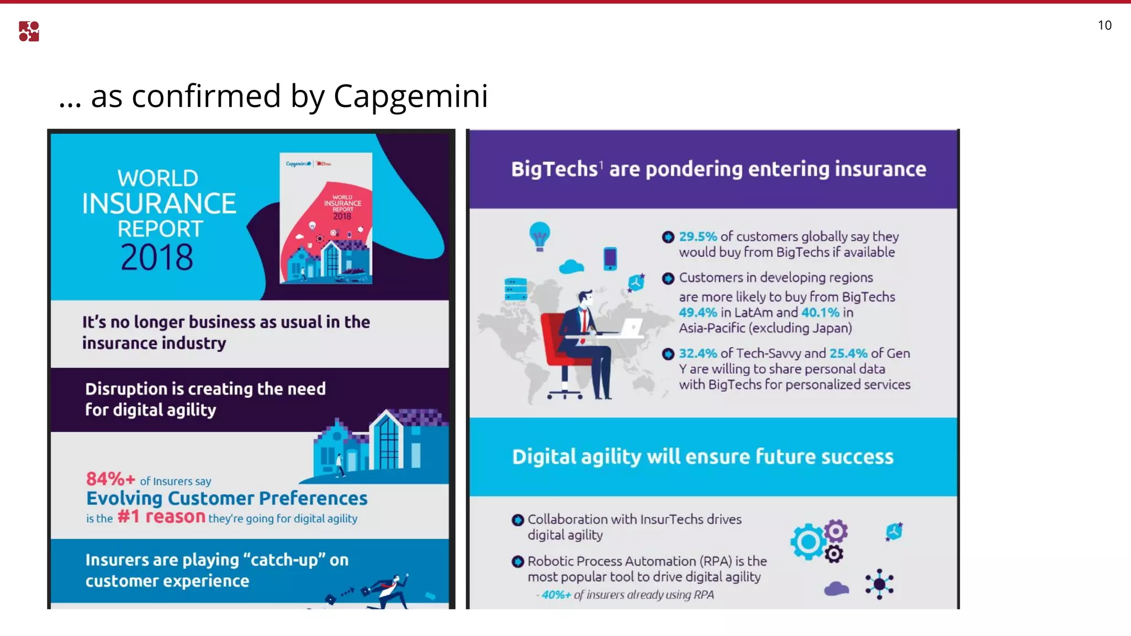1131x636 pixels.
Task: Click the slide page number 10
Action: click(x=1104, y=25)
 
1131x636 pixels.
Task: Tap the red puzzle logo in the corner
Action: click(x=29, y=31)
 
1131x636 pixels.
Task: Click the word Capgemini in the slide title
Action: click(x=410, y=96)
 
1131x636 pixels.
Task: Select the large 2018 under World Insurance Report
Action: click(x=157, y=257)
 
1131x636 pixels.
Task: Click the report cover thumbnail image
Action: click(x=326, y=218)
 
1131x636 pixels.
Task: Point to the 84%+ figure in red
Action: click(x=110, y=479)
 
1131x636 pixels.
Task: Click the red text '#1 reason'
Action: click(x=161, y=517)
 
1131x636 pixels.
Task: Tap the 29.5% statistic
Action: click(x=697, y=237)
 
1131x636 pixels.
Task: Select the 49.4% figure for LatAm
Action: click(x=697, y=312)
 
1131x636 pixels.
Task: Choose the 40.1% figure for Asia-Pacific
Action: click(x=820, y=312)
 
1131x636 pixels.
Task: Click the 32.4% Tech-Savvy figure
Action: click(x=697, y=353)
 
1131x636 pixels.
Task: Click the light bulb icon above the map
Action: click(x=540, y=236)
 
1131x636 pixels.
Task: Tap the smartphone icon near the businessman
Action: click(x=610, y=258)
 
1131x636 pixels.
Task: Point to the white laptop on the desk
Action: click(x=631, y=327)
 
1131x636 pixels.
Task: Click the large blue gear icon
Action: click(x=808, y=542)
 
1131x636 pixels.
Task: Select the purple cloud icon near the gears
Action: click(x=836, y=589)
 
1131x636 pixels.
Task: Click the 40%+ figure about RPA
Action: click(x=556, y=595)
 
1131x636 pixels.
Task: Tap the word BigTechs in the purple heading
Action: click(x=554, y=169)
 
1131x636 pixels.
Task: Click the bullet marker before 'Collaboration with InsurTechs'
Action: click(x=517, y=520)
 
